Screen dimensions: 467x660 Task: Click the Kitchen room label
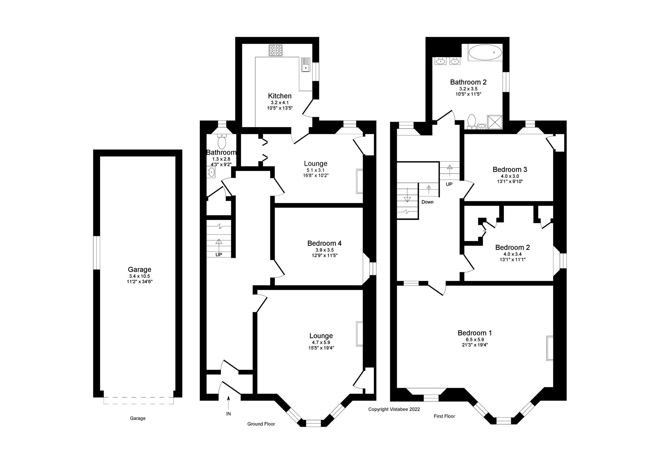(x=279, y=96)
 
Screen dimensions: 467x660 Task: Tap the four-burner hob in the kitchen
(x=275, y=50)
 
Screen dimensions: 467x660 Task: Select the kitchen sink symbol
(x=305, y=64)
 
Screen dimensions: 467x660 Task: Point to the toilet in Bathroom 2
(x=471, y=121)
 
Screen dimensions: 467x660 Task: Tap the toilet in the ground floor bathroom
(x=222, y=141)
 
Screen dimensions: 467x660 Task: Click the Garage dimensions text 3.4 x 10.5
(x=139, y=276)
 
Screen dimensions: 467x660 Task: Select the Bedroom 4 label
(x=324, y=244)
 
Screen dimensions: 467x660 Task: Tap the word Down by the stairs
(x=427, y=202)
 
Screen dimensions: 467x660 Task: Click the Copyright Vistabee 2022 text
(x=394, y=409)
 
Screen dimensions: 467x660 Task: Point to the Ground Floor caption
(x=261, y=424)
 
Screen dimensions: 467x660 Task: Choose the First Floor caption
(x=444, y=416)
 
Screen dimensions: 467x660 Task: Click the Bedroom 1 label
(x=475, y=333)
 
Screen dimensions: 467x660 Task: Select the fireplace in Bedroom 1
(x=550, y=348)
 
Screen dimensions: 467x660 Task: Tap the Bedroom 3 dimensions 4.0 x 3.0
(x=510, y=176)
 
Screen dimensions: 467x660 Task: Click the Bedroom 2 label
(x=512, y=247)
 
